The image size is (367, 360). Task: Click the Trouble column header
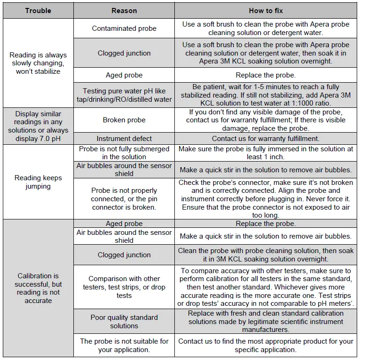38,10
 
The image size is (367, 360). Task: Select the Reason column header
124,10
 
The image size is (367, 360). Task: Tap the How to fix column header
266,10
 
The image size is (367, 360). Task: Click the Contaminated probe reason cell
124,28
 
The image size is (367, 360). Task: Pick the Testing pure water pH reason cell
124,95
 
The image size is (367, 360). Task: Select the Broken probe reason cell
124,120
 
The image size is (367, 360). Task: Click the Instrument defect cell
124,139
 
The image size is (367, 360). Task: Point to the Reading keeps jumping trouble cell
38,182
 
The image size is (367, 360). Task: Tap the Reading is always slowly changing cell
38,63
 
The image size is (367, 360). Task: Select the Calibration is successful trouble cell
38,288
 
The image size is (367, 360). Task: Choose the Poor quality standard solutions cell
124,321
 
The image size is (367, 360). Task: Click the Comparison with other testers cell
124,287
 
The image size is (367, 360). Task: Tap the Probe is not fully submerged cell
124,153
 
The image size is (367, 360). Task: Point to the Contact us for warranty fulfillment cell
266,139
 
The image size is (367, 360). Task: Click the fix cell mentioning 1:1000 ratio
266,95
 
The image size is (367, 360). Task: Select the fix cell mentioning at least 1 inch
266,153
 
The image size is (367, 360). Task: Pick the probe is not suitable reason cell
124,345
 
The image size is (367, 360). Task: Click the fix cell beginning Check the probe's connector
266,198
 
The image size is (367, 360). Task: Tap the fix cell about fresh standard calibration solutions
266,321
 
